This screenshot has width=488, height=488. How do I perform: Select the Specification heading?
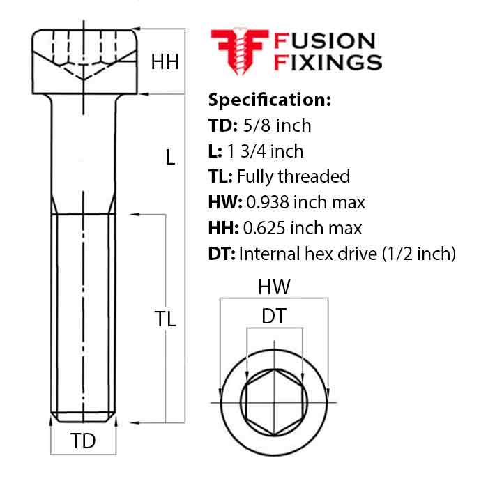[x=269, y=99]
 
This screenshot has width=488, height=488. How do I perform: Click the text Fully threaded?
[x=293, y=176]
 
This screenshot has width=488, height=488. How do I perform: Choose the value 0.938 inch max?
[x=305, y=202]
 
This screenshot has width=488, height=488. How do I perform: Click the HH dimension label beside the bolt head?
[x=165, y=62]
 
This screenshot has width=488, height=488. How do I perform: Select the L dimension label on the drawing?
[x=170, y=158]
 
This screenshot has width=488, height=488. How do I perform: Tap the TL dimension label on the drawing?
[x=165, y=319]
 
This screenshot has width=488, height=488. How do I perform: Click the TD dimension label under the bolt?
[x=84, y=441]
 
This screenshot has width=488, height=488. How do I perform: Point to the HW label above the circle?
[x=274, y=286]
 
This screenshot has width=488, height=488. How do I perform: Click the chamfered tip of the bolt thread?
[x=84, y=418]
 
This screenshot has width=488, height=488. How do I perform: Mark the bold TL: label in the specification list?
[x=220, y=176]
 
